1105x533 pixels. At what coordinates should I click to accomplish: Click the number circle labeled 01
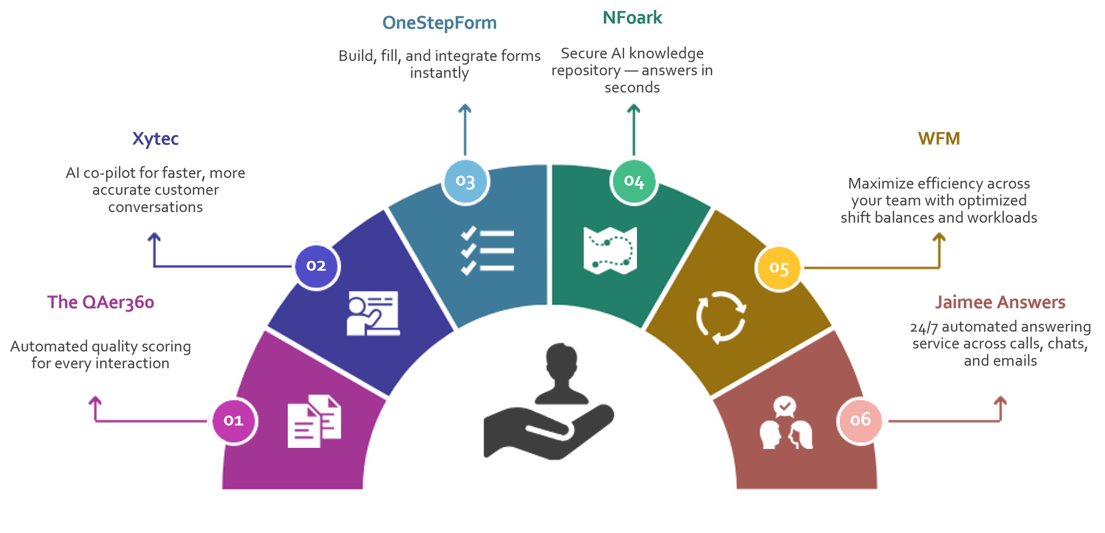pyautogui.click(x=233, y=421)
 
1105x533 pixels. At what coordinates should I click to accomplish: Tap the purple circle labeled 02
pyautogui.click(x=316, y=266)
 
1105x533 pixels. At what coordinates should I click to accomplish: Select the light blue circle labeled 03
pyautogui.click(x=465, y=181)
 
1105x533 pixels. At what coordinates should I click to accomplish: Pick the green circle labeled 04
pyautogui.click(x=634, y=181)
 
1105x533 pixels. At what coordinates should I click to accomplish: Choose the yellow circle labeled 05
pyautogui.click(x=779, y=268)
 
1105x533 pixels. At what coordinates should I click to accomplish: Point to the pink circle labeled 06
pyautogui.click(x=861, y=420)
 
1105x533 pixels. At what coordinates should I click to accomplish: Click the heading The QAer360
pyautogui.click(x=101, y=302)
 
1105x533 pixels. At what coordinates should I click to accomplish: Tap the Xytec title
pyautogui.click(x=156, y=139)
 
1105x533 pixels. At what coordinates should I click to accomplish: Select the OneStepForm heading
pyautogui.click(x=439, y=23)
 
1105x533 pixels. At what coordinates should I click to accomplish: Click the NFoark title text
pyautogui.click(x=633, y=18)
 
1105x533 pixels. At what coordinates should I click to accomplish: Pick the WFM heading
pyautogui.click(x=939, y=139)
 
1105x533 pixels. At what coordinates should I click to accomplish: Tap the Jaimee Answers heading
pyautogui.click(x=1000, y=302)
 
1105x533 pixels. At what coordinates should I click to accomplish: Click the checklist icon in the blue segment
pyautogui.click(x=487, y=251)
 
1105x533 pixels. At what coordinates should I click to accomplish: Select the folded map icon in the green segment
pyautogui.click(x=610, y=250)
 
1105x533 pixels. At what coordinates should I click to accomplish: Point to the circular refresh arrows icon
pyautogui.click(x=721, y=317)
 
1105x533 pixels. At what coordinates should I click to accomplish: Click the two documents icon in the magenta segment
pyautogui.click(x=314, y=421)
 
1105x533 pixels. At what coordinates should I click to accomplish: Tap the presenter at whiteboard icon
pyautogui.click(x=373, y=313)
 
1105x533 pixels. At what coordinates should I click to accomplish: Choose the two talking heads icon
pyautogui.click(x=786, y=424)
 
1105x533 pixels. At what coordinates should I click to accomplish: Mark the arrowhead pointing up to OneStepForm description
pyautogui.click(x=464, y=108)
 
